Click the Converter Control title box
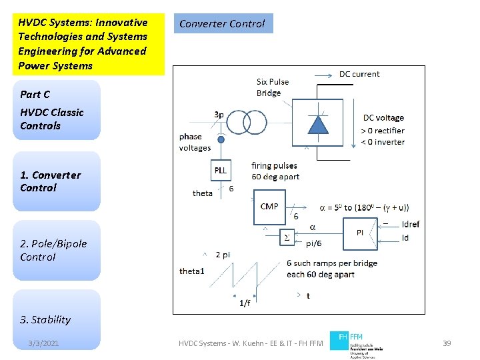223,23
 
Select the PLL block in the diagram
221,170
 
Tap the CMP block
269,206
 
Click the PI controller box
360,232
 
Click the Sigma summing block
287,237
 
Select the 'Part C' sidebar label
35,95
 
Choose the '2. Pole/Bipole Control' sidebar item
53,250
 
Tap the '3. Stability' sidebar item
45,319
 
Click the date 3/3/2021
43,343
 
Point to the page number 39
447,343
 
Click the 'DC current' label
359,74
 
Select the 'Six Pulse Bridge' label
273,87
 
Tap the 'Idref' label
411,225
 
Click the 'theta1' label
192,271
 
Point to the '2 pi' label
223,255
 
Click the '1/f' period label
245,303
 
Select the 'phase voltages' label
195,143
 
